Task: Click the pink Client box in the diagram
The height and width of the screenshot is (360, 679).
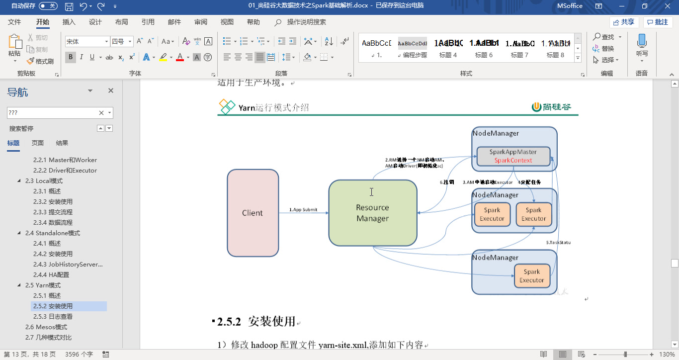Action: pyautogui.click(x=253, y=213)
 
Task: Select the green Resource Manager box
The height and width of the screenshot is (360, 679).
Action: pyautogui.click(x=372, y=213)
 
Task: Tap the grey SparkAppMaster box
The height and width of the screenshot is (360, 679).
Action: pyautogui.click(x=513, y=152)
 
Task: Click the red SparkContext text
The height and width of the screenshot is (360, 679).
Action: pyautogui.click(x=513, y=160)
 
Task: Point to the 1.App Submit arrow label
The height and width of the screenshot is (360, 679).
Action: pyautogui.click(x=303, y=210)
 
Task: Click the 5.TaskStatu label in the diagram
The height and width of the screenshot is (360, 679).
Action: pyautogui.click(x=558, y=242)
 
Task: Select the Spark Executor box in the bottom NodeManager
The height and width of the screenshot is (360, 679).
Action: pyautogui.click(x=531, y=276)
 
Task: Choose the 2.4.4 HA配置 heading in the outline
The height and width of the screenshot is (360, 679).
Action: pyautogui.click(x=51, y=274)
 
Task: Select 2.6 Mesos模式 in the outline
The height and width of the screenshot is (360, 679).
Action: pyautogui.click(x=46, y=327)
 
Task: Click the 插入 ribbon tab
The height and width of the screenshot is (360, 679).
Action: pyautogui.click(x=69, y=22)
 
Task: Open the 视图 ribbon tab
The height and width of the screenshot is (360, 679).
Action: pyautogui.click(x=227, y=22)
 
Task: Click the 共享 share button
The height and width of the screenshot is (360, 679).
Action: pyautogui.click(x=624, y=22)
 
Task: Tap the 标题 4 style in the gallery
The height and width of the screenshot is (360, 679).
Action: pyautogui.click(x=448, y=48)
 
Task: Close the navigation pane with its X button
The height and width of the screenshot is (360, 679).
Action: pyautogui.click(x=111, y=90)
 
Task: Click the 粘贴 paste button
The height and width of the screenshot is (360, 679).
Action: pyautogui.click(x=14, y=48)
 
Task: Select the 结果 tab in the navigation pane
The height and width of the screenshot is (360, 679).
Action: pyautogui.click(x=62, y=143)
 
